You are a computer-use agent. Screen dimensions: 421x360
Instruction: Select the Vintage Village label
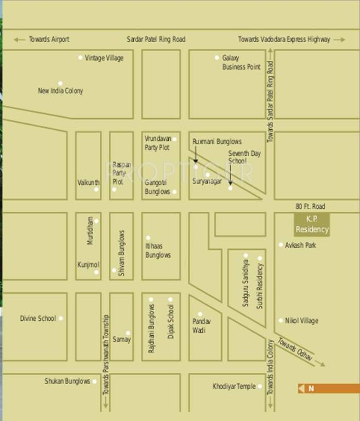click(x=104, y=58)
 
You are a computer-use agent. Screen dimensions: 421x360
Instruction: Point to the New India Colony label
click(x=60, y=91)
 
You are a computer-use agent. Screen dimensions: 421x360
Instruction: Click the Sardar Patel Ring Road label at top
click(x=156, y=39)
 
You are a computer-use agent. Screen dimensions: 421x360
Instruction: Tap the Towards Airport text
click(x=49, y=39)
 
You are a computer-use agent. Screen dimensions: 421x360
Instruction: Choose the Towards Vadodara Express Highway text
click(x=284, y=39)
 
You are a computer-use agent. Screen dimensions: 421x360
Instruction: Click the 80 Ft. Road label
click(x=310, y=207)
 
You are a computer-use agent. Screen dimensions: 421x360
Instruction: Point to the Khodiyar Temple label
click(x=234, y=386)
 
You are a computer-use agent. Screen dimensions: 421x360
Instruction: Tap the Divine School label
click(x=38, y=318)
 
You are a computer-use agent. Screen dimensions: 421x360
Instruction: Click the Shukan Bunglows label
click(x=67, y=381)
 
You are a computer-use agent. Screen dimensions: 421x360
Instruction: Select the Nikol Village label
click(x=301, y=321)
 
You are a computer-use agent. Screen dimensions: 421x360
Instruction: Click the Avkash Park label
click(x=300, y=245)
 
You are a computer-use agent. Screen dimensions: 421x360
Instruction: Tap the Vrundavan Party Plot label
click(x=157, y=143)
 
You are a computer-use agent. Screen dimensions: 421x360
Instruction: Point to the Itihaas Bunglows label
click(x=158, y=251)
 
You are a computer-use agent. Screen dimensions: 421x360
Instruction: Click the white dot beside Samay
click(x=128, y=333)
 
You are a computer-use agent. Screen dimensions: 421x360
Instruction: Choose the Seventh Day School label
click(x=244, y=157)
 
